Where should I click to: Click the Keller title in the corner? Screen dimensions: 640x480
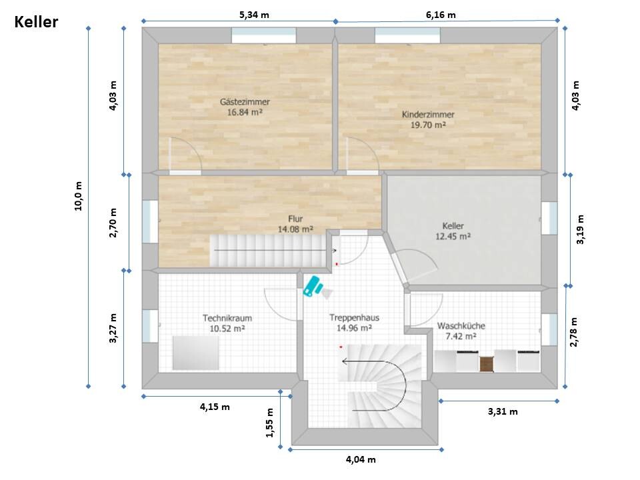(36, 22)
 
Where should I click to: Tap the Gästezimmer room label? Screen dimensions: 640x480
(245, 101)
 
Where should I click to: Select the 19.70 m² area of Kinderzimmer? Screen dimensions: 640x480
(428, 125)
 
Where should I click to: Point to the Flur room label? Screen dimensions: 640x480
(295, 219)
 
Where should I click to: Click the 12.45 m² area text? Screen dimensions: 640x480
(453, 236)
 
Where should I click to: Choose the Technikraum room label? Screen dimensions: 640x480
(227, 318)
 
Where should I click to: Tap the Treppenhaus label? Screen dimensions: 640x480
(354, 317)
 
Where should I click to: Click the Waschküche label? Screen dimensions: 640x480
(461, 326)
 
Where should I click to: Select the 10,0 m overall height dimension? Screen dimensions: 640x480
(78, 196)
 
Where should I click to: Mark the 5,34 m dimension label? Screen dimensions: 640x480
(254, 15)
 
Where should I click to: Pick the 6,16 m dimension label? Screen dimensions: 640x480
(441, 15)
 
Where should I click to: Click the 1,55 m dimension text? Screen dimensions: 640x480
(270, 423)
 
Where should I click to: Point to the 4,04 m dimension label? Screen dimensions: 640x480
(361, 459)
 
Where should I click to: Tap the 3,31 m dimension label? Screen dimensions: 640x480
(503, 411)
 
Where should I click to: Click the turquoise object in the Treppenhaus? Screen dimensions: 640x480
(312, 286)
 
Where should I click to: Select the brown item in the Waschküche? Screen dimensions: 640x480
(487, 364)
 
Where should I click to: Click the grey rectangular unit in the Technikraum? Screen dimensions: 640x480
(195, 353)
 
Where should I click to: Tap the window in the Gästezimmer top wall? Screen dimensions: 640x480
(264, 35)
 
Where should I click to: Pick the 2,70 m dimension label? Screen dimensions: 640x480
(113, 223)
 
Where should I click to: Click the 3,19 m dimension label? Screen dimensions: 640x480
(581, 229)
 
